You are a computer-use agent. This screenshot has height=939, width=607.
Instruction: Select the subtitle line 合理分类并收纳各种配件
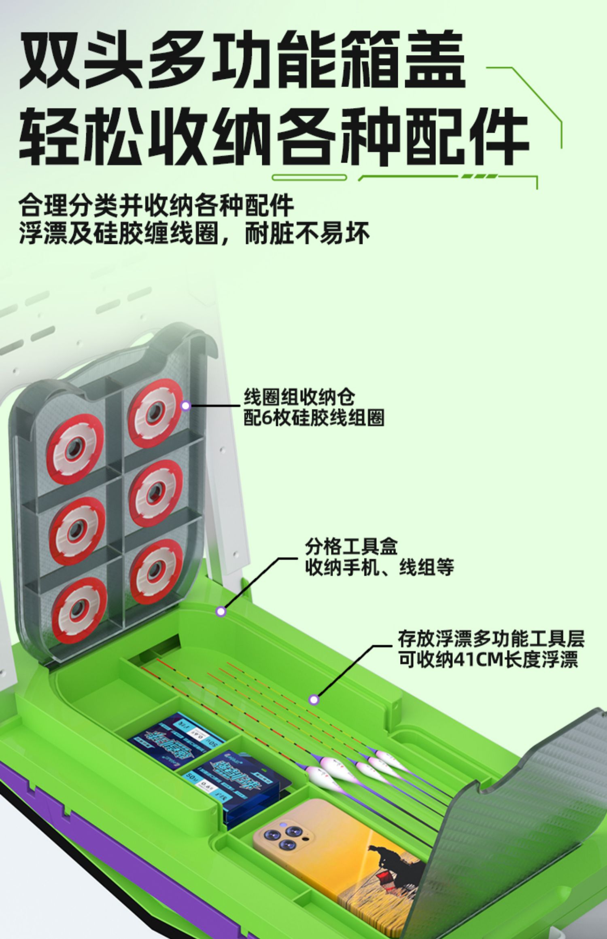point(156,206)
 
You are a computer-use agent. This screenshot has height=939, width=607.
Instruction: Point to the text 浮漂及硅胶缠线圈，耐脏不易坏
point(194,233)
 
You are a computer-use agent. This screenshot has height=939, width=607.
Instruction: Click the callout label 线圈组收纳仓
point(299,397)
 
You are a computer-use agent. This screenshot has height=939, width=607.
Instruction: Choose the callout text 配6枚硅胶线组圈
point(314,417)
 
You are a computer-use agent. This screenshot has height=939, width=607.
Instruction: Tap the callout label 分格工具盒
point(351,547)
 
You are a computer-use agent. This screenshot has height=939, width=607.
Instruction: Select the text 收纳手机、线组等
point(379,567)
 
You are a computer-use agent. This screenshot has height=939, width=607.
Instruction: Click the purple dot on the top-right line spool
point(186,405)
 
